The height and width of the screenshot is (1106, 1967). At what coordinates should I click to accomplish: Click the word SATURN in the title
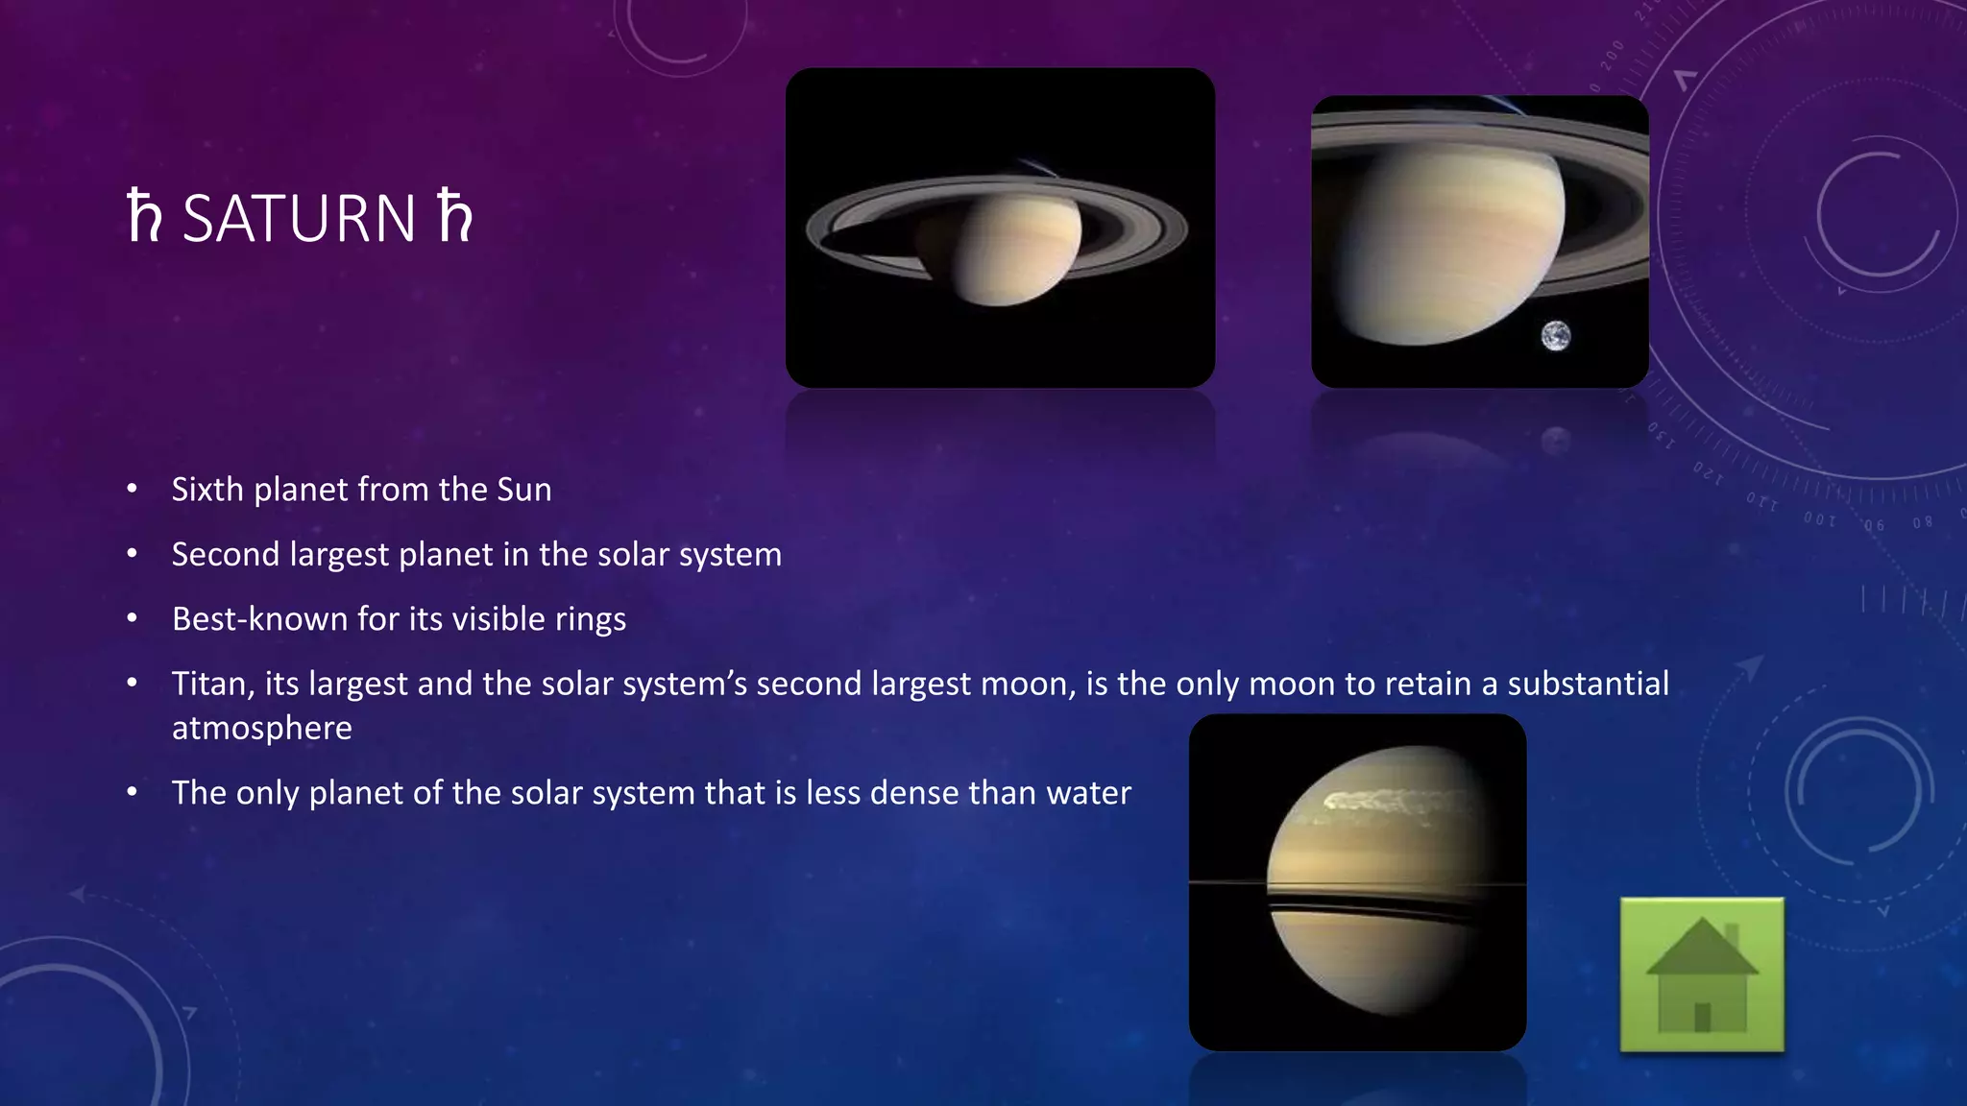(x=299, y=219)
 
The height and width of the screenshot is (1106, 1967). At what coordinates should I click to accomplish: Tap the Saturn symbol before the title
(x=144, y=217)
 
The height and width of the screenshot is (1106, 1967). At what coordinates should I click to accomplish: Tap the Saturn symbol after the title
(x=455, y=217)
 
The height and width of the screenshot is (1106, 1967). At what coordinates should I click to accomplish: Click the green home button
(x=1702, y=975)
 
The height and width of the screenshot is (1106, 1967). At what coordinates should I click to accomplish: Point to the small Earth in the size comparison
(x=1556, y=336)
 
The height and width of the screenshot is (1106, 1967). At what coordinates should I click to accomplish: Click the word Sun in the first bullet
(x=523, y=490)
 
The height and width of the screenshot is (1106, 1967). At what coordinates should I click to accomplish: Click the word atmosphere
(x=261, y=728)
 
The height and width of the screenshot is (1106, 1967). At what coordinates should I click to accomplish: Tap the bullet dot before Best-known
(x=133, y=618)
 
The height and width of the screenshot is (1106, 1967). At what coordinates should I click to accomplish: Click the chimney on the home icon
(x=1732, y=936)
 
